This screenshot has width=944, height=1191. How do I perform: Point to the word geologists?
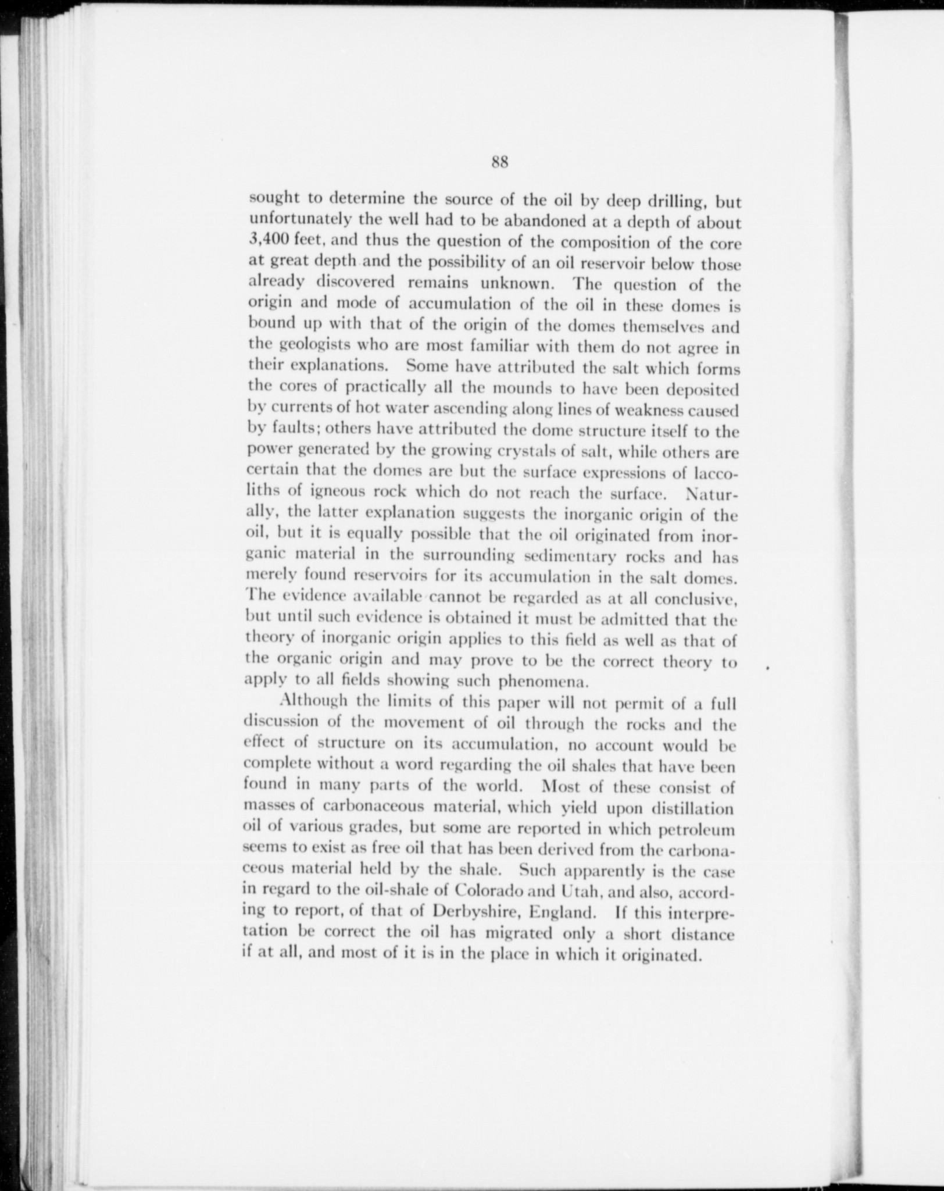click(314, 344)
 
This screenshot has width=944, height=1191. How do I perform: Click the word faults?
click(296, 429)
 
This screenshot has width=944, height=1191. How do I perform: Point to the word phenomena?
click(536, 680)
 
